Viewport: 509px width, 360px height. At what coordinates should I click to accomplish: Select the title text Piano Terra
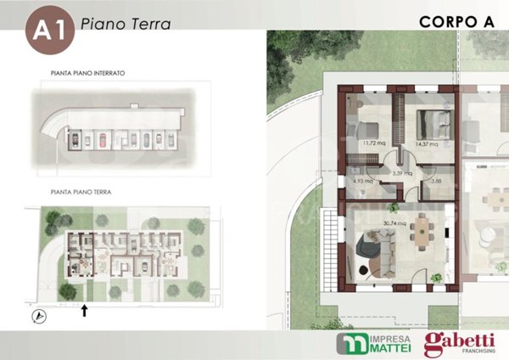126,25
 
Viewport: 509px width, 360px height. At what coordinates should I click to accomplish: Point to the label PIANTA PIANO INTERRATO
88,74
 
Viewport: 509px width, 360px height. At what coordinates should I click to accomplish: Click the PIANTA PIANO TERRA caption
81,192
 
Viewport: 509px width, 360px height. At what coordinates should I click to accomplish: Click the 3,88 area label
436,180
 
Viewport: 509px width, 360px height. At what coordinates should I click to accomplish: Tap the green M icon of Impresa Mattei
350,345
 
